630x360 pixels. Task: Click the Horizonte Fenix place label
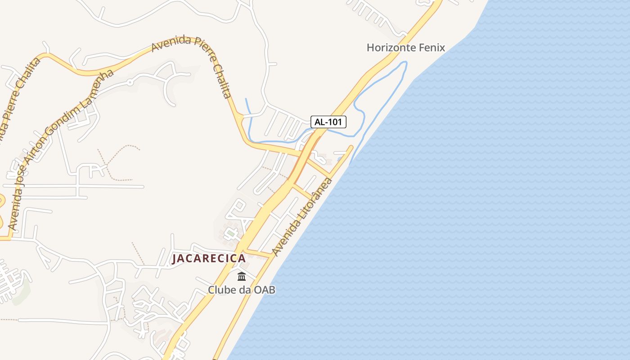(405, 47)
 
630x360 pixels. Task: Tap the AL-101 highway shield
(328, 121)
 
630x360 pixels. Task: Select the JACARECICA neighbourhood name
(209, 258)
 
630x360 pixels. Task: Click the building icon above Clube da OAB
(242, 276)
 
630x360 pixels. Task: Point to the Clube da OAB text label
(241, 290)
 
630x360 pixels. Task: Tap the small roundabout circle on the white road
(130, 82)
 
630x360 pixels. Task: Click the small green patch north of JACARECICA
(230, 233)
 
